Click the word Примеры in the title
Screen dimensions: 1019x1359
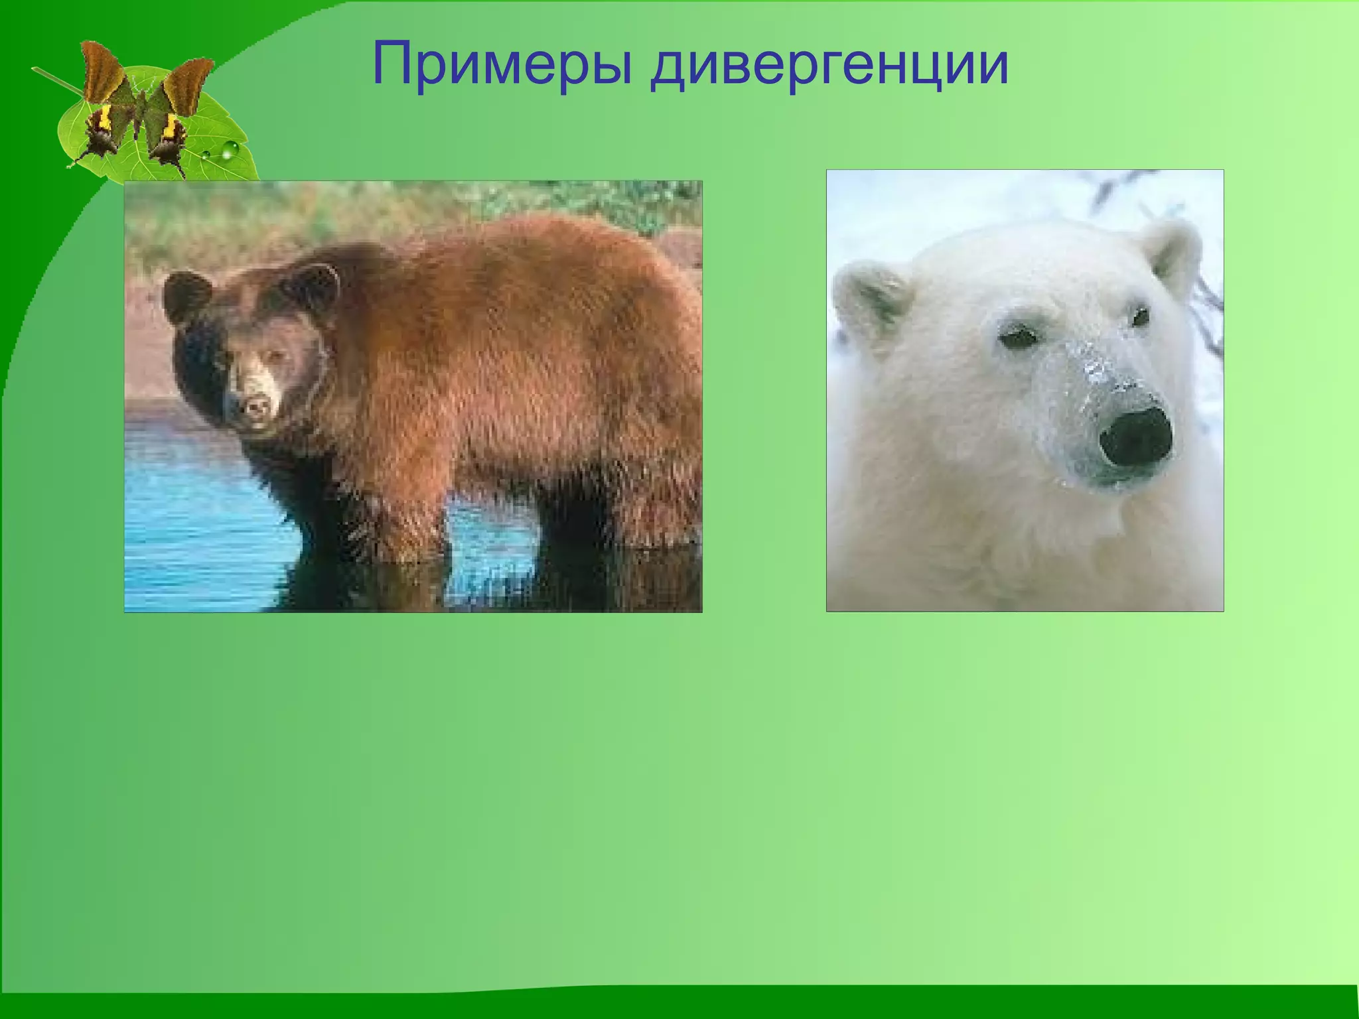[x=502, y=65]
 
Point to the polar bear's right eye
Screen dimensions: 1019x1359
[x=1140, y=317]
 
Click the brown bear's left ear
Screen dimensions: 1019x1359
[x=188, y=299]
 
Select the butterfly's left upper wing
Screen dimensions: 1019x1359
[x=104, y=73]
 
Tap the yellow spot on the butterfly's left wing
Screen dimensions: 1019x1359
[x=105, y=119]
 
